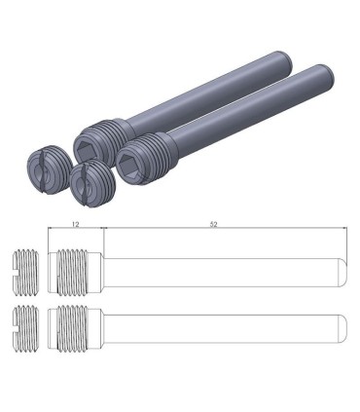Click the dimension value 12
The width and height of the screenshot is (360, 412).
click(75, 225)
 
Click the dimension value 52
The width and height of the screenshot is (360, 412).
click(213, 225)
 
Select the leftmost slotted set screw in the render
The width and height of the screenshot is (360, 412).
click(43, 172)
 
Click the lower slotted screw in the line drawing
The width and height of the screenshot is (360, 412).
click(26, 328)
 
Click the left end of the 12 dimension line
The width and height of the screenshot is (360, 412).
click(51, 230)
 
